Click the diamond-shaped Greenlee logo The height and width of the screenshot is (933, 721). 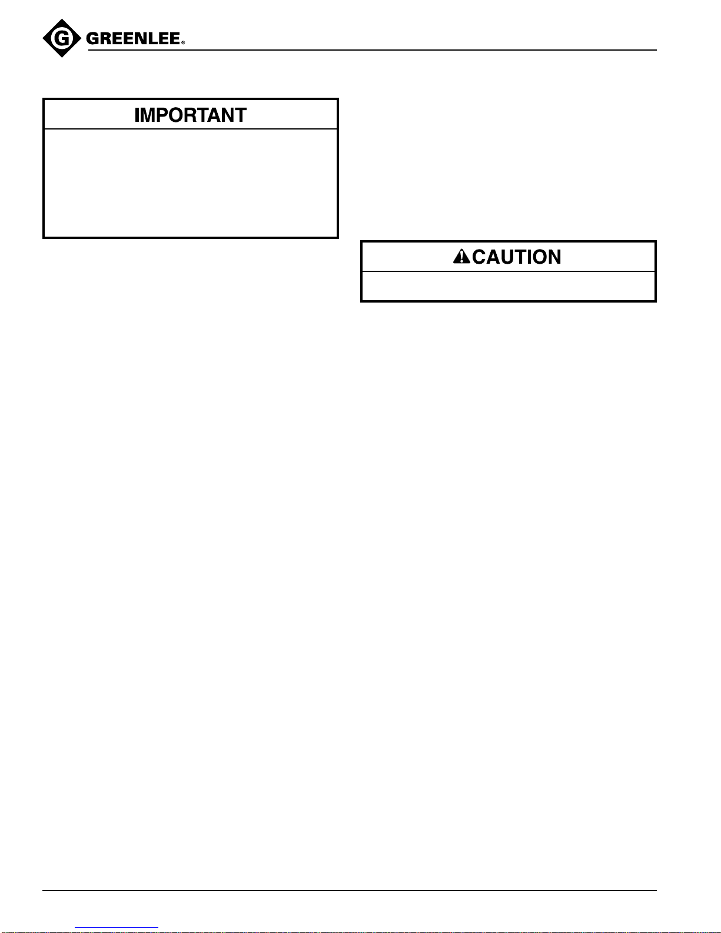[61, 39]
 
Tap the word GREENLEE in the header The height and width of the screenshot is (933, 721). [133, 40]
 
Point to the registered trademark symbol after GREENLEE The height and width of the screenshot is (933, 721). [183, 44]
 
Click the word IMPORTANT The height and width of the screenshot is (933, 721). [190, 115]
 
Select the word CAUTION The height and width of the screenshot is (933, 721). [516, 257]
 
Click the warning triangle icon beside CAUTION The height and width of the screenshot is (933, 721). [461, 257]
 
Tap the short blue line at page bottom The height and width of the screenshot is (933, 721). [117, 928]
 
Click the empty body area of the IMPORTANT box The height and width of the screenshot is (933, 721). [190, 183]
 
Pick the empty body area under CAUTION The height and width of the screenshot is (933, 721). [508, 286]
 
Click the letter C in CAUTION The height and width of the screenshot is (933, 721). [479, 257]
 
